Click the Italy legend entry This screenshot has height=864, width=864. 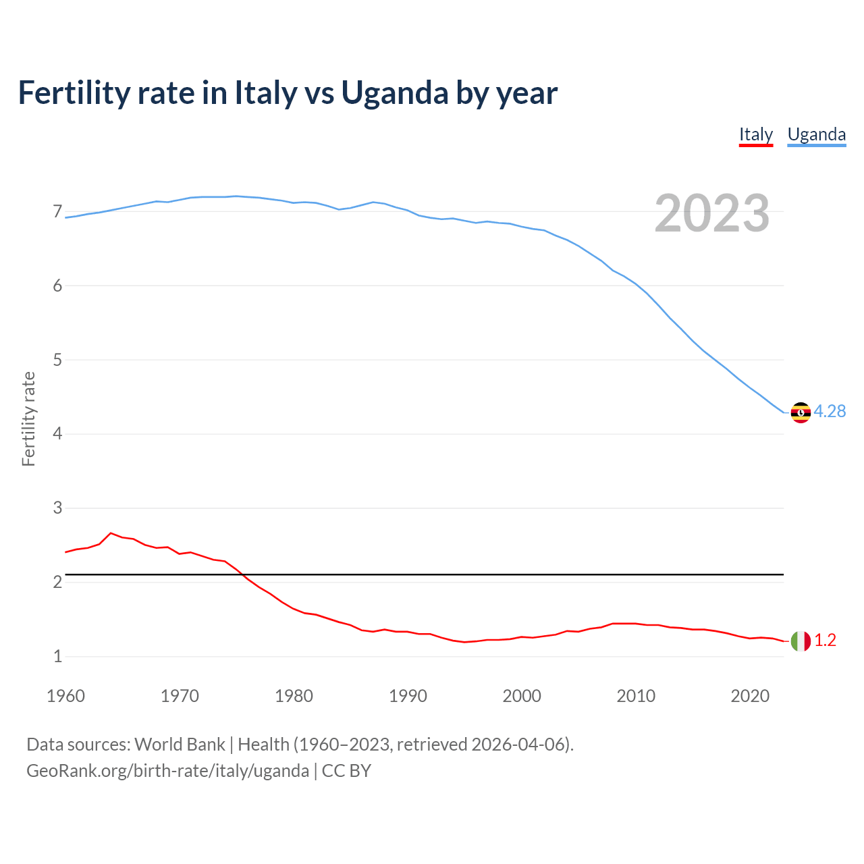point(755,134)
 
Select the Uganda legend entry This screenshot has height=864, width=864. point(816,134)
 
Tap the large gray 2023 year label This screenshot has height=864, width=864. point(712,213)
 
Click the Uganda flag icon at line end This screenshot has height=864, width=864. point(801,412)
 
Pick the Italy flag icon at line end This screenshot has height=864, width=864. point(801,641)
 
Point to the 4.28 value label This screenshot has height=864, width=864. point(830,411)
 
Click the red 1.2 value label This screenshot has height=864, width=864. point(825,641)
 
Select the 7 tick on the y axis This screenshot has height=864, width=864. point(57,212)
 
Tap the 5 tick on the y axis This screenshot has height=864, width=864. point(57,360)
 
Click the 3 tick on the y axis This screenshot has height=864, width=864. point(57,508)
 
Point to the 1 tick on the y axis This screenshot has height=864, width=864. point(57,656)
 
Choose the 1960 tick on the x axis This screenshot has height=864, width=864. point(65,696)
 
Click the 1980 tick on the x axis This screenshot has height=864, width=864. point(294,696)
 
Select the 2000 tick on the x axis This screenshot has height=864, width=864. point(522,696)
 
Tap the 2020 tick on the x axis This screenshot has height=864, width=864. point(750,696)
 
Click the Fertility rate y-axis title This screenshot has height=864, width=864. point(28,418)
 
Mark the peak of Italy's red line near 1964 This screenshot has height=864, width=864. point(111,533)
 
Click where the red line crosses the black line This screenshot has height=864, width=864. point(242,574)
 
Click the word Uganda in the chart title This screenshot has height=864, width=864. point(394,93)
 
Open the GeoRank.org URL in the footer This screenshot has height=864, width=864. point(167,770)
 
